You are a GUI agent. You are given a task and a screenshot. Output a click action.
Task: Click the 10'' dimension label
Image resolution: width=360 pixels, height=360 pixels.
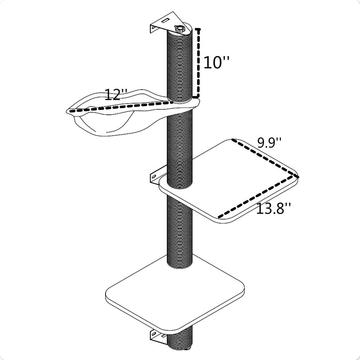click(216, 62)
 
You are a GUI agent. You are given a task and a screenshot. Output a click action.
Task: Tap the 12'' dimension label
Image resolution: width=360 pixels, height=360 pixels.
click(115, 95)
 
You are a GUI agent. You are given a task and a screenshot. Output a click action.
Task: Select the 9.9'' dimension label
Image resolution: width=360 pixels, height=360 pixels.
click(269, 143)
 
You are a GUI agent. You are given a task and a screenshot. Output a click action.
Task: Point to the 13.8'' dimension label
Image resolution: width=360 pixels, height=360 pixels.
click(273, 209)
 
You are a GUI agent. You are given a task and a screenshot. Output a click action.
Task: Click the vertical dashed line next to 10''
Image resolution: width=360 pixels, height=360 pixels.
click(198, 63)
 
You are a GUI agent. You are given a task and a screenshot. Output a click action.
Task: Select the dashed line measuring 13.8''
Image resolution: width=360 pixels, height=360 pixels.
click(258, 197)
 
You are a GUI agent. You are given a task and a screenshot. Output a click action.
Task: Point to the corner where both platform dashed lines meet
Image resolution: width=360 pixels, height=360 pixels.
click(297, 176)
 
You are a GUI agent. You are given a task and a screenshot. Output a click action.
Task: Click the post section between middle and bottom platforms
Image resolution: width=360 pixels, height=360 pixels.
click(180, 230)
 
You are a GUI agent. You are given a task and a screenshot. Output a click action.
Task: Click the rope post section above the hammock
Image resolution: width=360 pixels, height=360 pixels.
click(180, 65)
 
